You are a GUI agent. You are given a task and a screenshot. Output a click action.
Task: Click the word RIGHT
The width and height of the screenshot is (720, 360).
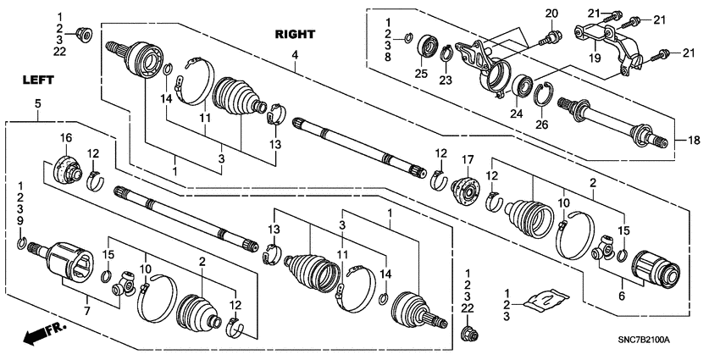(295, 35)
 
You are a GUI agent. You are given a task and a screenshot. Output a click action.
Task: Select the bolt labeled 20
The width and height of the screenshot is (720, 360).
(551, 36)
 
